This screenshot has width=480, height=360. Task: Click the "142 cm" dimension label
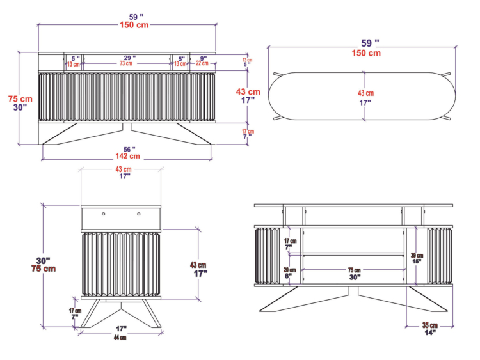[x=127, y=156]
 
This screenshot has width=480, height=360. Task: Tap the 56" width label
[x=127, y=149]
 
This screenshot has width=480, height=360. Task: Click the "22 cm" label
[x=202, y=64]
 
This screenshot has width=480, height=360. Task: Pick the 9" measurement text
[x=202, y=58]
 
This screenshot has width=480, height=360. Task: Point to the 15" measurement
[x=417, y=262]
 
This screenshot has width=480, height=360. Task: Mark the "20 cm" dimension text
[x=289, y=270]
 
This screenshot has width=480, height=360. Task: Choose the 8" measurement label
[x=289, y=277]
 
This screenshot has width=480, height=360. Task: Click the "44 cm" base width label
[x=120, y=338]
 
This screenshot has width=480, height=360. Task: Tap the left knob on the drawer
[x=102, y=214]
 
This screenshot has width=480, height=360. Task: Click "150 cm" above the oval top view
[x=365, y=53]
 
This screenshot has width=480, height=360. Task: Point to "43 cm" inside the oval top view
[x=365, y=93]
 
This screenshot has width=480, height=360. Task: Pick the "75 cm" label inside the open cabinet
[x=354, y=270]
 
